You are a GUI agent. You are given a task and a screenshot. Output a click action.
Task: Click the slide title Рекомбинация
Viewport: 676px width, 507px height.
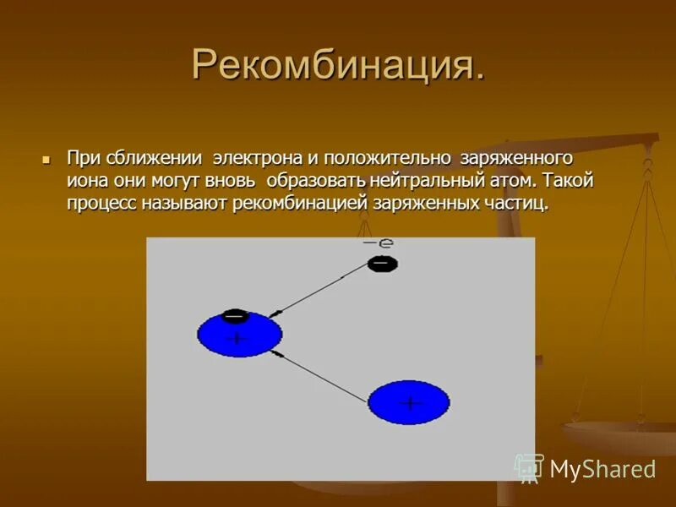click(x=338, y=64)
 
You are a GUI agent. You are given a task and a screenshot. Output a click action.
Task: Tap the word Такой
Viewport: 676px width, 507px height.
click(x=570, y=181)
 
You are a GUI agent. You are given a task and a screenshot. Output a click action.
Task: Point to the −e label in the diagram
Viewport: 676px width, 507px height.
click(x=378, y=243)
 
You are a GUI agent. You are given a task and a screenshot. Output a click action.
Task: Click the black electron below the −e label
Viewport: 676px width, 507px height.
click(x=382, y=264)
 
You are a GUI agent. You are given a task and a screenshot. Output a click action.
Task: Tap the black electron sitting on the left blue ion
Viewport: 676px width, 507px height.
click(x=235, y=317)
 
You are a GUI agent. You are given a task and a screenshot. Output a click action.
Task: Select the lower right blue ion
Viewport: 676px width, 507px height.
click(x=409, y=402)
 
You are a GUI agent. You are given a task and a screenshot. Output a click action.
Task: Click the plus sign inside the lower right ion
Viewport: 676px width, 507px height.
click(x=410, y=403)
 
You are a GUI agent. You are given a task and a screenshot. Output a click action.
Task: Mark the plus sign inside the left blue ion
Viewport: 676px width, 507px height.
click(x=237, y=339)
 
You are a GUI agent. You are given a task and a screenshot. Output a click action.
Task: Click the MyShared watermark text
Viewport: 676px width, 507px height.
click(x=602, y=470)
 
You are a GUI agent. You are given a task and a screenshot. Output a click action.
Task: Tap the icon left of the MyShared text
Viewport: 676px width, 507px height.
click(x=529, y=467)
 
